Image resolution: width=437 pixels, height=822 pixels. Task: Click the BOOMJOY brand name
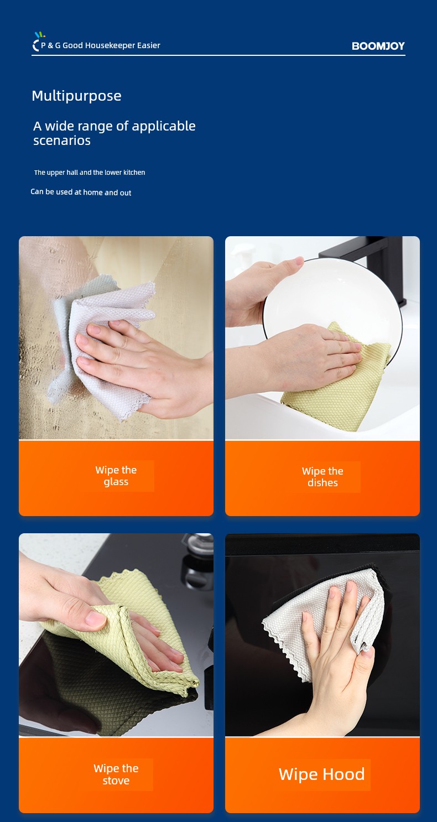pyautogui.click(x=378, y=46)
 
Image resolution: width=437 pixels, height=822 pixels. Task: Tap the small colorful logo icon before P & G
pyautogui.click(x=38, y=41)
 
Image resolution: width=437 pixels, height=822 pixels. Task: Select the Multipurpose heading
pyautogui.click(x=76, y=96)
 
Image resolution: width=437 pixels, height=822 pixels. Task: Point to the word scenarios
pyautogui.click(x=62, y=141)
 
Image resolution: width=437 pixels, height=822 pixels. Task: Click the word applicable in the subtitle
pyautogui.click(x=164, y=126)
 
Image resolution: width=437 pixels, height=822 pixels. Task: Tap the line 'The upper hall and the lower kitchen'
pyautogui.click(x=90, y=173)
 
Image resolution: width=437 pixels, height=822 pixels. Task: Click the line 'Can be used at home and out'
pyautogui.click(x=81, y=193)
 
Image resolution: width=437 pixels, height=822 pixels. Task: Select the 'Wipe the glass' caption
pyautogui.click(x=116, y=476)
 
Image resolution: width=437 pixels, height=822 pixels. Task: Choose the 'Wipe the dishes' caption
pyautogui.click(x=322, y=477)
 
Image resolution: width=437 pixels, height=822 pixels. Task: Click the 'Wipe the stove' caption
pyautogui.click(x=116, y=774)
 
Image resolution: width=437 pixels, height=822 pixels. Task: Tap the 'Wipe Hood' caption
pyautogui.click(x=322, y=774)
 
